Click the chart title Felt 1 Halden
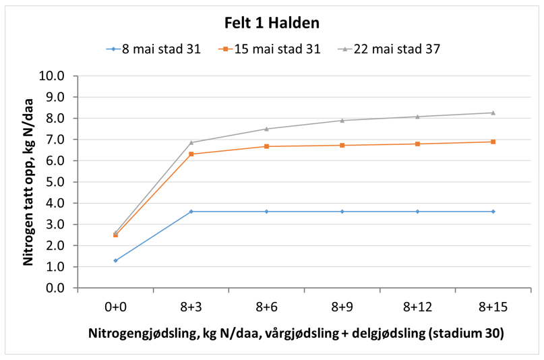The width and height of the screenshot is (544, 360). coord(272,23)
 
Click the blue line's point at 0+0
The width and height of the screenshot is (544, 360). coord(116,260)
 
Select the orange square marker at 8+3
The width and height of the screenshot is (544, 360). coord(191,154)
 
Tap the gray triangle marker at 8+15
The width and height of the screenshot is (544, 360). coord(493,113)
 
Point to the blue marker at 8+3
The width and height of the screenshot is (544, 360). coord(191,212)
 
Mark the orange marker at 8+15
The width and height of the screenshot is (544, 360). coord(493,142)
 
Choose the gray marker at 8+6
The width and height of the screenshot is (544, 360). coord(267,129)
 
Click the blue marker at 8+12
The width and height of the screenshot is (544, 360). coord(418,212)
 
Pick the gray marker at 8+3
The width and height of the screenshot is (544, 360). coord(191,142)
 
